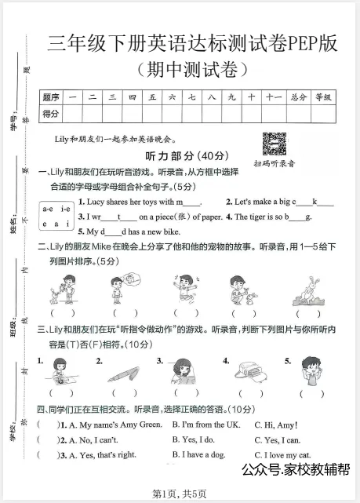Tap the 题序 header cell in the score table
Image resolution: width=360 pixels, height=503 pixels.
51,97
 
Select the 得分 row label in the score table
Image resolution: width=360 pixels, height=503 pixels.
51,114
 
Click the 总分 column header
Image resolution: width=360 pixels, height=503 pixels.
298,97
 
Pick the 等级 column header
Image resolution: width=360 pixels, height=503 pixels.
323,97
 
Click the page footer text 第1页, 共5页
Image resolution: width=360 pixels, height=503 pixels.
180,493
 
